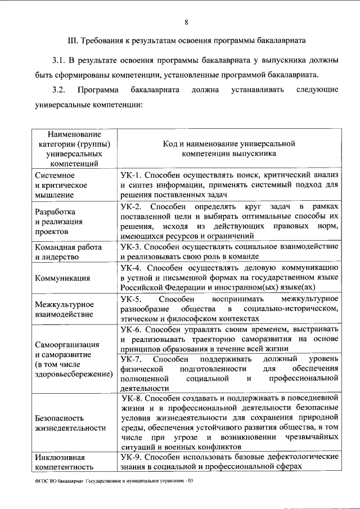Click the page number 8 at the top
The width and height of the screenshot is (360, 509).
pyautogui.click(x=186, y=22)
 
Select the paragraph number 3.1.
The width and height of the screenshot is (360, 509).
pyautogui.click(x=59, y=60)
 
